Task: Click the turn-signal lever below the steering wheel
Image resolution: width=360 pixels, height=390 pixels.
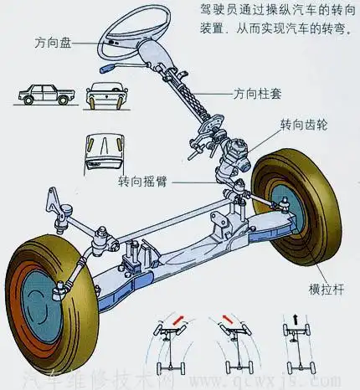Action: click(x=111, y=64)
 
